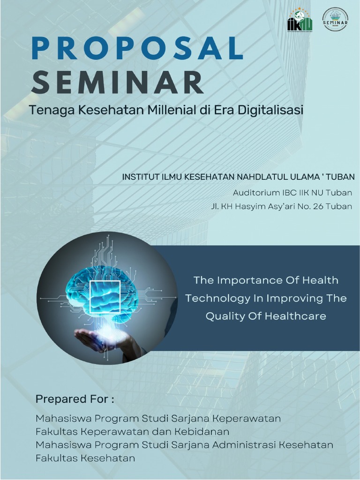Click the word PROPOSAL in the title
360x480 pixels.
(x=138, y=49)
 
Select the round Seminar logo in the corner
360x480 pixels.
(x=336, y=20)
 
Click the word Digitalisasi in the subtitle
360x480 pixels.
(x=271, y=111)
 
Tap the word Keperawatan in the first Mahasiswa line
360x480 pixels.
(x=247, y=418)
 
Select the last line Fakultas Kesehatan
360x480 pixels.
(x=85, y=458)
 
